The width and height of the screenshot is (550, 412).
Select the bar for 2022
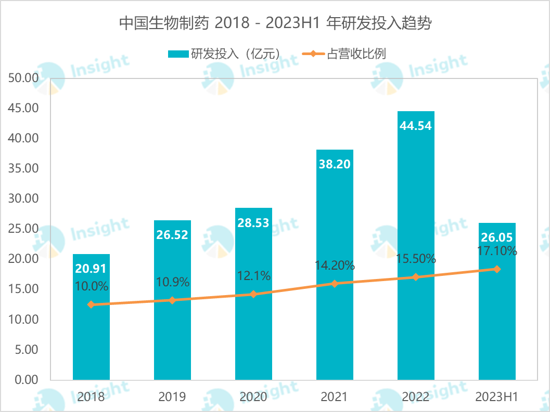[416, 208]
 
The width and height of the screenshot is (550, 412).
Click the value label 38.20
[334, 164]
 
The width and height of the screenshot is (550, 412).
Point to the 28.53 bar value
[253, 222]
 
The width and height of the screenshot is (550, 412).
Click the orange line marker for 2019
[172, 300]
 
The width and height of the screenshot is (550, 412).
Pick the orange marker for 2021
[335, 284]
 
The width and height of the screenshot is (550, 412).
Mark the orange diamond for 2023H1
[497, 269]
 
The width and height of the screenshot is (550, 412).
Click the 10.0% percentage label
[91, 286]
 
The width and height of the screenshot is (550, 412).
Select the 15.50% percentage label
[416, 259]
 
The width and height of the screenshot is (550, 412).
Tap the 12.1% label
[253, 276]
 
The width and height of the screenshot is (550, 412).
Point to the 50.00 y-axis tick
[23, 78]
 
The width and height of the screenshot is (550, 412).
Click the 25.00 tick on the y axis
[23, 229]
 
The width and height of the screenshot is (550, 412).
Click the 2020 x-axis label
[253, 397]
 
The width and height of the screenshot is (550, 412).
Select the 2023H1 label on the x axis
[497, 397]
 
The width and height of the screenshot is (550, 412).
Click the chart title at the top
[275, 23]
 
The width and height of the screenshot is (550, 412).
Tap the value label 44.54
[416, 126]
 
